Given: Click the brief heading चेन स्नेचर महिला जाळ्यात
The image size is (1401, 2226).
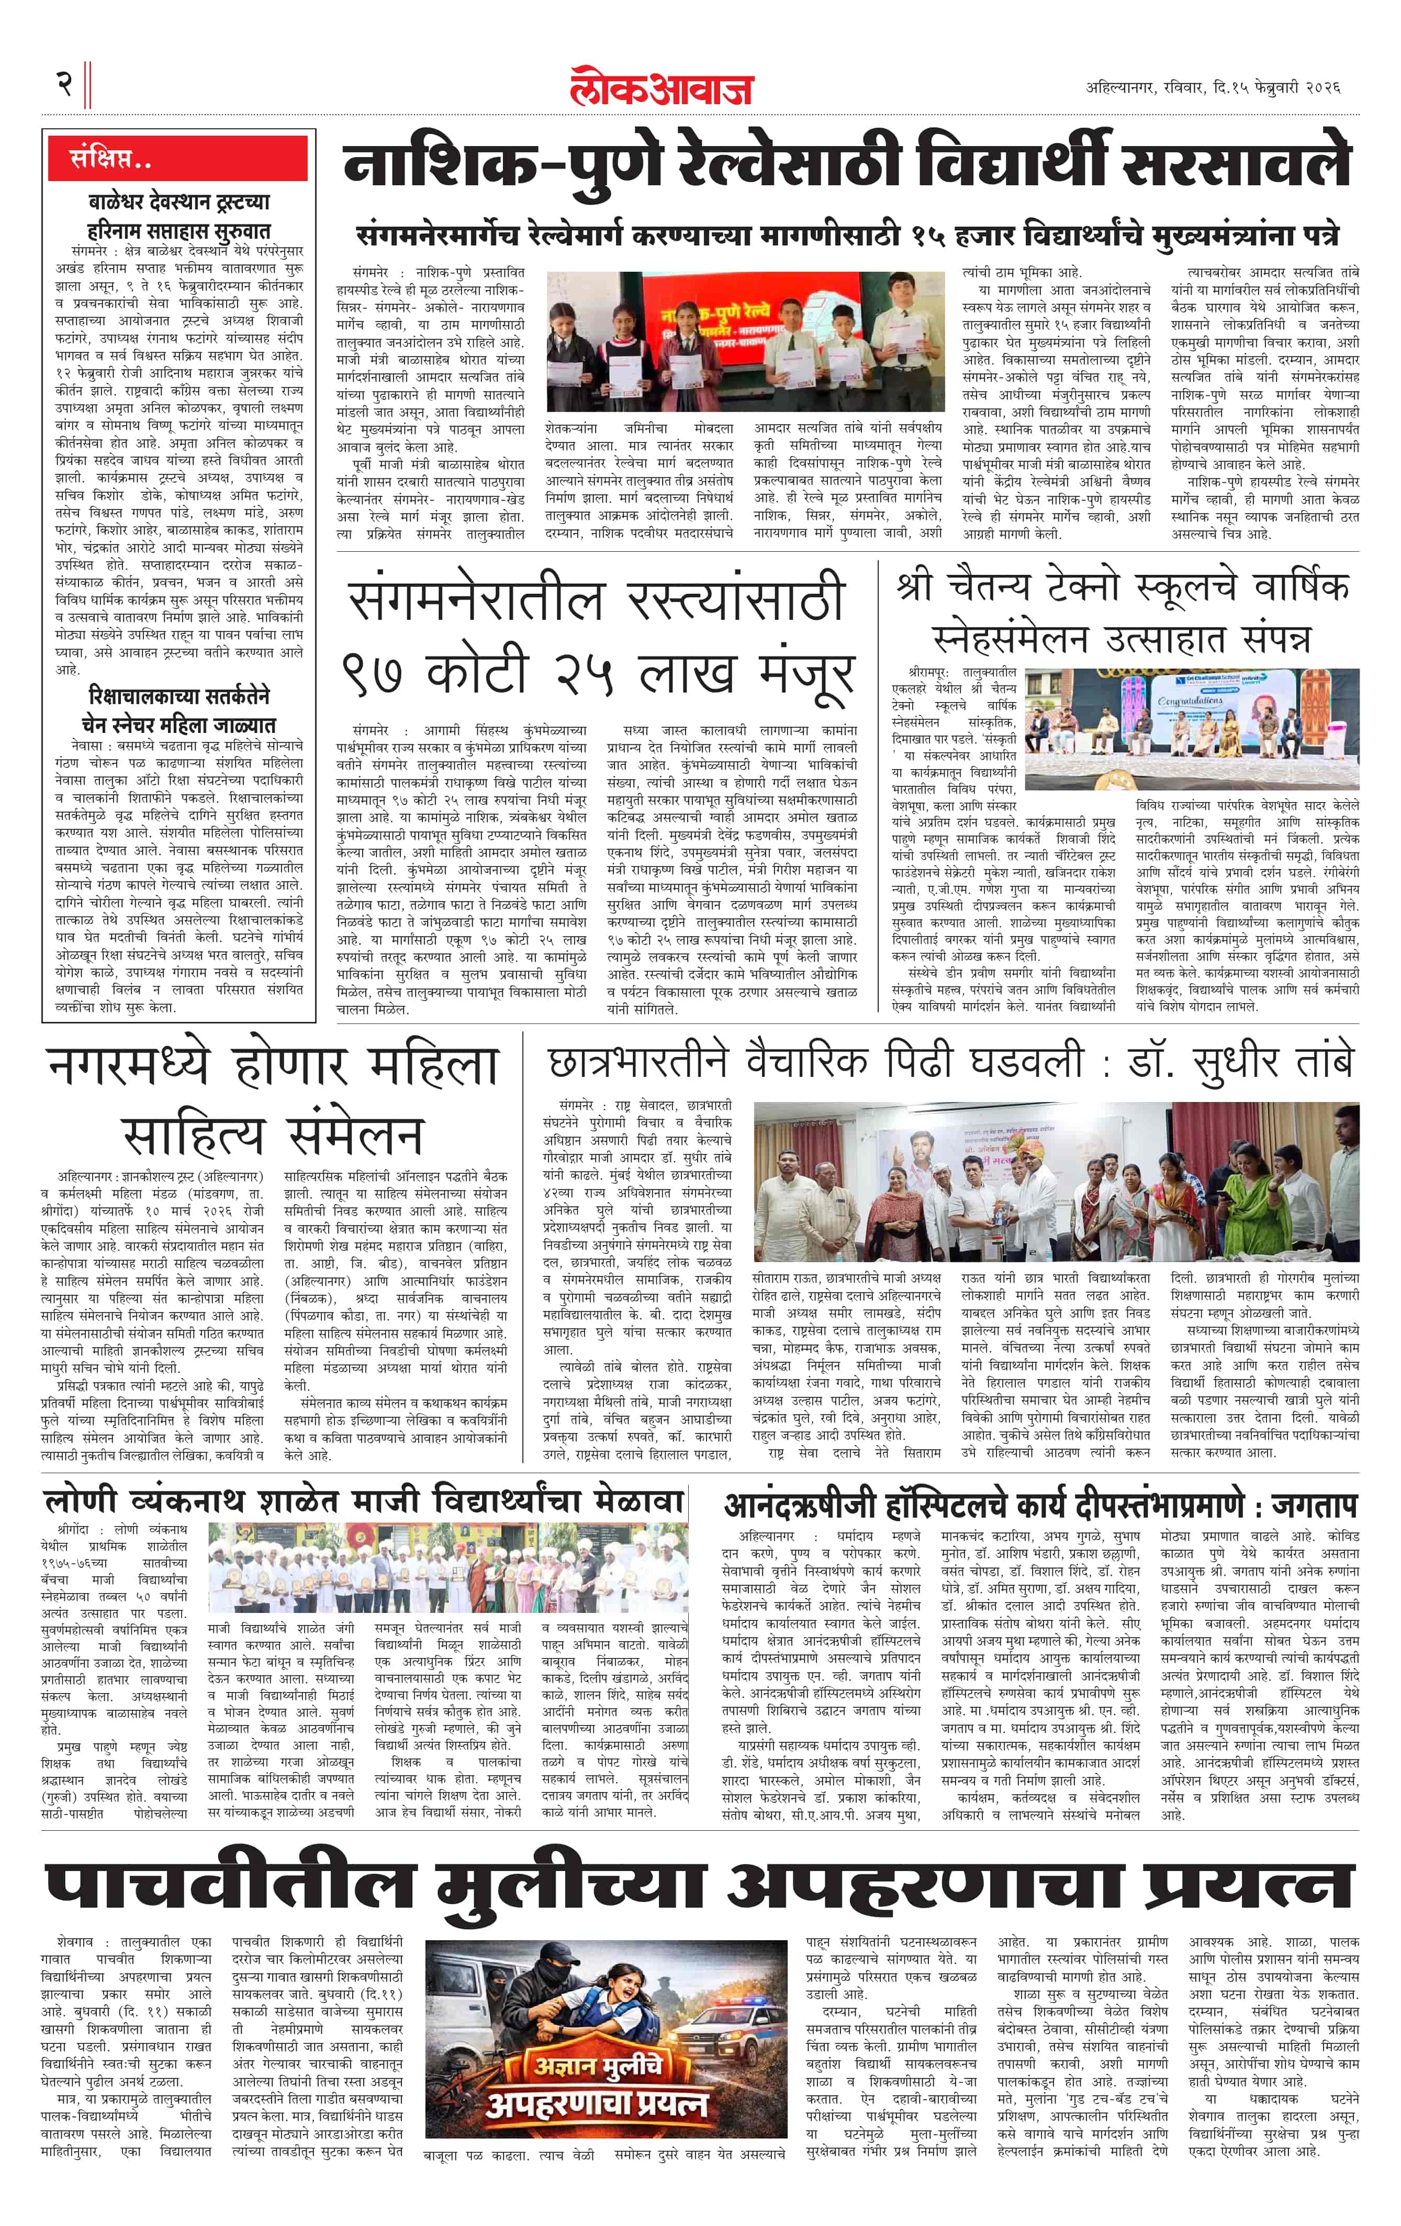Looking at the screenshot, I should click(180, 724).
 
